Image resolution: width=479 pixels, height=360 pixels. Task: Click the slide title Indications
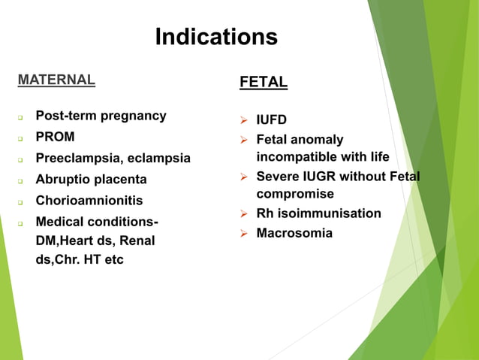(x=216, y=37)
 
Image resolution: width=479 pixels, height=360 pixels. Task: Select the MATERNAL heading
(x=56, y=79)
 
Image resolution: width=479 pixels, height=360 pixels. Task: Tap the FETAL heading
(x=263, y=83)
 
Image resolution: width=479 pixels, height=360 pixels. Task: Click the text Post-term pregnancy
(x=101, y=116)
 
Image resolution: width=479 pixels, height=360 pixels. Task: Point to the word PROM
(x=56, y=137)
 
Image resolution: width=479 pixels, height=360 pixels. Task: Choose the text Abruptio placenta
(x=91, y=180)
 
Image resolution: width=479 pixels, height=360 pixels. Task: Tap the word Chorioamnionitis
(x=89, y=201)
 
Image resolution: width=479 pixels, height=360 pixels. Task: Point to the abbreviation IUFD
(x=272, y=119)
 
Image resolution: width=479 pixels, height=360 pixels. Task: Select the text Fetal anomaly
(x=300, y=139)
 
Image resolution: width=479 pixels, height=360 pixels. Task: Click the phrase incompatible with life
(x=323, y=156)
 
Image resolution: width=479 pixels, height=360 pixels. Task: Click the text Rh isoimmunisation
(x=318, y=213)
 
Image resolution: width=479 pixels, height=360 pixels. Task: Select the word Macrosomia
(x=294, y=233)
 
